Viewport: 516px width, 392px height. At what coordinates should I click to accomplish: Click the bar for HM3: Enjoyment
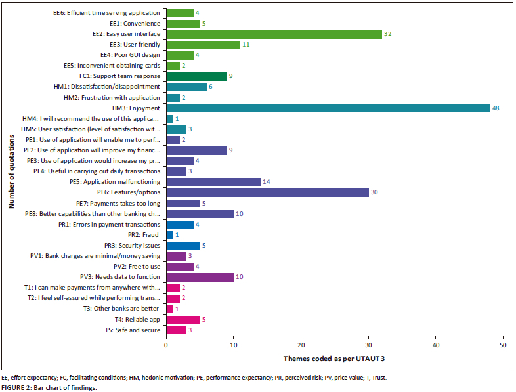click(328, 108)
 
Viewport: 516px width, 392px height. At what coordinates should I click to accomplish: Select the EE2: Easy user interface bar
click(274, 33)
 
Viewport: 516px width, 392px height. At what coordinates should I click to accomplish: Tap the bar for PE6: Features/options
click(267, 192)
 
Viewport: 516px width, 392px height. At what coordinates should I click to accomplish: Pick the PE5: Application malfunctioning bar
click(213, 181)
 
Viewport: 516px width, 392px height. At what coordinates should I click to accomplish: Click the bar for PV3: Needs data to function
click(200, 277)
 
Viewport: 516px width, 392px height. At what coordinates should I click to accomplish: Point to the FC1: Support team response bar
click(197, 76)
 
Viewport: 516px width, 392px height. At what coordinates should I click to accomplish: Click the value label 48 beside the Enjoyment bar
click(496, 108)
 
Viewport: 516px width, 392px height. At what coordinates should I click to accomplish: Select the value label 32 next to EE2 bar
click(388, 33)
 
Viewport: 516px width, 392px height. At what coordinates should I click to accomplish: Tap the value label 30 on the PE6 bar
click(375, 192)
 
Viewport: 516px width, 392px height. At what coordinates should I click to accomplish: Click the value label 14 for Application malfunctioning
click(267, 181)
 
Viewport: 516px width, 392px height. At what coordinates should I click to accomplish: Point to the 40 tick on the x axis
click(436, 344)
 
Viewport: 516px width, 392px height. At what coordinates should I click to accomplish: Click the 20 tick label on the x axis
click(301, 344)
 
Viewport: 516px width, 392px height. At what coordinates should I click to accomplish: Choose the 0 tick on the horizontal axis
click(167, 344)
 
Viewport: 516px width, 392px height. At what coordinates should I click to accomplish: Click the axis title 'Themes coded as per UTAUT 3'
click(334, 359)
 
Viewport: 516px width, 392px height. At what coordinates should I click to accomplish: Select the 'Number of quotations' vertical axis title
click(11, 171)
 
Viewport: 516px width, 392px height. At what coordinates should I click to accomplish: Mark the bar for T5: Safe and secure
click(177, 330)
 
